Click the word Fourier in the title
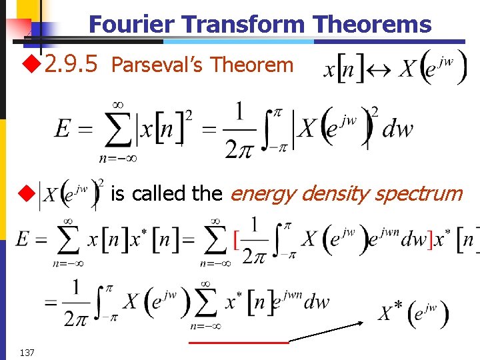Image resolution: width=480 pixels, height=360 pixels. click(x=133, y=25)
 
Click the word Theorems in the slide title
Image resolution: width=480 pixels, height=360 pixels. click(x=373, y=25)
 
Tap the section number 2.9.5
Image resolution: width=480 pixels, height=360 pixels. click(x=71, y=64)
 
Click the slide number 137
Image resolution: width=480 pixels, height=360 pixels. click(x=27, y=351)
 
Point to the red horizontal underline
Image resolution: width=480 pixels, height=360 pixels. click(x=239, y=342)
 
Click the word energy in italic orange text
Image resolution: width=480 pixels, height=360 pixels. click(x=263, y=194)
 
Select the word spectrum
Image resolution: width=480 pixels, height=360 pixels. click(x=418, y=194)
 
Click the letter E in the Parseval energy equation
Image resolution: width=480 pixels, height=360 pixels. click(x=64, y=129)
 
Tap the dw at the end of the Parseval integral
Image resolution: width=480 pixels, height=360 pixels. click(x=397, y=129)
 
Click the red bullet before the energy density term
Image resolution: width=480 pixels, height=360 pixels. click(x=26, y=194)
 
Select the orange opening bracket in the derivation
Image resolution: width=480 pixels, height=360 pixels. click(x=236, y=239)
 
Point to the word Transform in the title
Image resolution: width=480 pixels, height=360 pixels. click(x=243, y=25)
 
